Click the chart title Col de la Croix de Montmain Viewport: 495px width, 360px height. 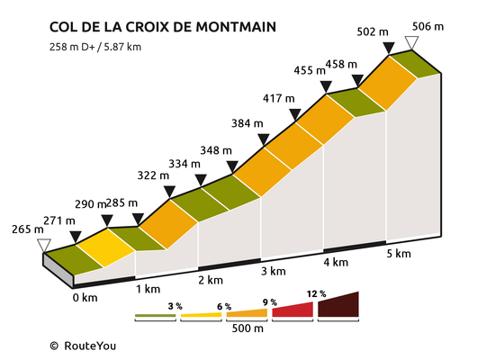click(x=163, y=27)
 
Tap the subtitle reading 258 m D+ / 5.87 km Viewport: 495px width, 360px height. click(x=95, y=47)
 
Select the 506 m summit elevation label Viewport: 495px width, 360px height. click(x=428, y=26)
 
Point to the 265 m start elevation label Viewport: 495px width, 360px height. click(x=28, y=229)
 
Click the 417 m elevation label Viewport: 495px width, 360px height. click(x=279, y=98)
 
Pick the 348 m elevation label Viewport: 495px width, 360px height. click(x=216, y=150)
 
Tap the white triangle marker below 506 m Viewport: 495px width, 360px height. click(x=411, y=42)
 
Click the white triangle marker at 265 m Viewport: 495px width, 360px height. click(x=44, y=246)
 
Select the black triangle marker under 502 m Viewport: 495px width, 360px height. click(x=389, y=49)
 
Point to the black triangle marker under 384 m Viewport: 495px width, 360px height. click(x=264, y=139)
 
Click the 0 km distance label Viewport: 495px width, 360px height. click(x=85, y=298)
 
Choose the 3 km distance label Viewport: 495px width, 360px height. click(x=274, y=271)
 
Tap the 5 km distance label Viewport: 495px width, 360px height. click(x=399, y=254)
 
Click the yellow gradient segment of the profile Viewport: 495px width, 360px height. click(x=106, y=247)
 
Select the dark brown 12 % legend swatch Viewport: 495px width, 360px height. click(x=338, y=304)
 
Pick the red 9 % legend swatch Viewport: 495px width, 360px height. click(x=292, y=310)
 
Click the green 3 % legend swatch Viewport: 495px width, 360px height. click(x=155, y=316)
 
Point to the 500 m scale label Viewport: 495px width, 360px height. click(x=247, y=328)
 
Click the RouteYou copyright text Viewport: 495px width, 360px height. click(x=83, y=346)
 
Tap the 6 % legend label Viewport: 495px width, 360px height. click(x=224, y=306)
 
